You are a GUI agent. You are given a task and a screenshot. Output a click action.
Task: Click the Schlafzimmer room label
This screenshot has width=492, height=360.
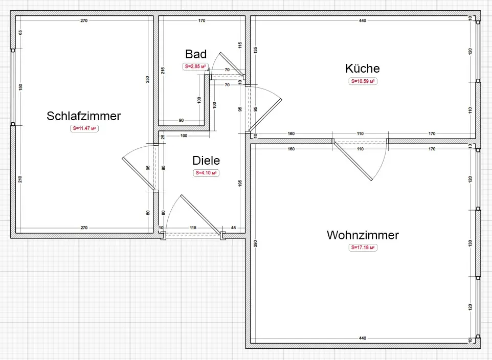(83, 116)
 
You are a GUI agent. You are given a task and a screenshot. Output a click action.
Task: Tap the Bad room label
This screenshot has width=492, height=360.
(196, 54)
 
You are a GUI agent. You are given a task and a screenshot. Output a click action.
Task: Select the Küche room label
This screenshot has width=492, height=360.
(363, 69)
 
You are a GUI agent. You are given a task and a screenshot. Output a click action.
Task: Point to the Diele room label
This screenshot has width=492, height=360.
(206, 161)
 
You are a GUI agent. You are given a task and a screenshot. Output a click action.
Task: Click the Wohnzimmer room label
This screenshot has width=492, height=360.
(363, 235)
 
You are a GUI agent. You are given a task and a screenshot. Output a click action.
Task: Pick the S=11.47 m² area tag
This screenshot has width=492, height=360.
(84, 129)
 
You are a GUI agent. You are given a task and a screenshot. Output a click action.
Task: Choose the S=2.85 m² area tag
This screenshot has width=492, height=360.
(196, 66)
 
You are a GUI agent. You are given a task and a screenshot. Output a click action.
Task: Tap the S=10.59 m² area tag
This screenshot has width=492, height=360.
(363, 81)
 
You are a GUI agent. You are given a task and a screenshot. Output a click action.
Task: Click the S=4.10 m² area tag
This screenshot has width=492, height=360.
(206, 173)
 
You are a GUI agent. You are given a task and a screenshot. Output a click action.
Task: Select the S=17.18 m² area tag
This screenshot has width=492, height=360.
(363, 247)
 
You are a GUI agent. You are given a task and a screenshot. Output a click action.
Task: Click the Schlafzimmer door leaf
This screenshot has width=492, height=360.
(139, 174)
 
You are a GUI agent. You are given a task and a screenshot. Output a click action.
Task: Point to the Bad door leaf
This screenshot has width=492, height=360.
(231, 64)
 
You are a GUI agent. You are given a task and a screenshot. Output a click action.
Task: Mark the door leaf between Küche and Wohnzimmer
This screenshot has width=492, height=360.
(353, 162)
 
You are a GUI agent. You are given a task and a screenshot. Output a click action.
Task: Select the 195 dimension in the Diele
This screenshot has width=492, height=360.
(240, 184)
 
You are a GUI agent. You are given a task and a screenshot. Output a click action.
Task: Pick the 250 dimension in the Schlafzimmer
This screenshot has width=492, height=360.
(147, 79)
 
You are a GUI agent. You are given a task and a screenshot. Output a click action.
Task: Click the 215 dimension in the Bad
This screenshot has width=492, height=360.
(163, 71)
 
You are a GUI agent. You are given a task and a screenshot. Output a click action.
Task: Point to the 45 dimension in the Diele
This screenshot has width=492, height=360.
(234, 228)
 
